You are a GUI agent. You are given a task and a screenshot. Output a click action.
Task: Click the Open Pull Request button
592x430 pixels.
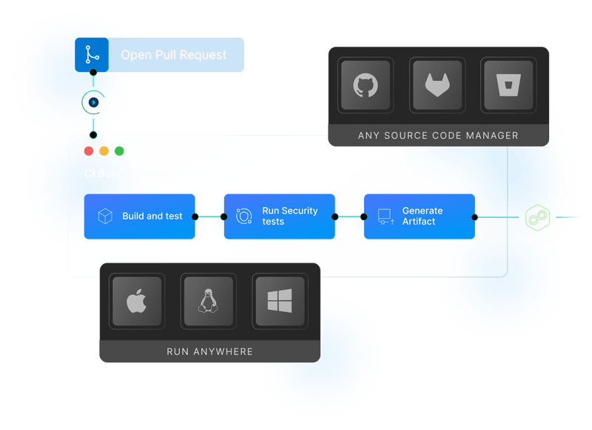tap(159, 55)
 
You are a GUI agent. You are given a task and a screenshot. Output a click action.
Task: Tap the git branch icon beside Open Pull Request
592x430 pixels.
tap(92, 55)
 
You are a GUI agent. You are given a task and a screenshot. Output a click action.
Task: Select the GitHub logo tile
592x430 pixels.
tap(365, 86)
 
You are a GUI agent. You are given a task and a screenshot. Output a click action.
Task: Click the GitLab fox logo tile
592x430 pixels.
tap(437, 86)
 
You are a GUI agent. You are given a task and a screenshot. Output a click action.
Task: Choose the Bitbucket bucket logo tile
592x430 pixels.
tap(508, 86)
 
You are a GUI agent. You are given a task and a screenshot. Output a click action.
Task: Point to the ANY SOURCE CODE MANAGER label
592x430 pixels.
tap(438, 136)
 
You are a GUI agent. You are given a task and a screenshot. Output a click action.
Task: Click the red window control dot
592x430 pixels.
tap(89, 151)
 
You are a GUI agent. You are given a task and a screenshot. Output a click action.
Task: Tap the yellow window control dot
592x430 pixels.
tap(104, 151)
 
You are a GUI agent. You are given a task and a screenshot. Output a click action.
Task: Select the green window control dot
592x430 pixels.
tap(120, 151)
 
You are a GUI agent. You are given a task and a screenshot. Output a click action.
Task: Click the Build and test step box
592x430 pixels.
tap(140, 216)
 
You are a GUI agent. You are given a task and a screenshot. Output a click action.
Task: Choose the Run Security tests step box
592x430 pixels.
tap(280, 216)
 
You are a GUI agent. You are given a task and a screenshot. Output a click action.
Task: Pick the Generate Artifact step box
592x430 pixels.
tap(419, 216)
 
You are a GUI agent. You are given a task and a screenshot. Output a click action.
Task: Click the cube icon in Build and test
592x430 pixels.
tap(106, 216)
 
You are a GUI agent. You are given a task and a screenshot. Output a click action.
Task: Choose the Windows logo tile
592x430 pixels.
tap(279, 301)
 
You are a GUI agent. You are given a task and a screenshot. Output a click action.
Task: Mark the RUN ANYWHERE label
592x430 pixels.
tap(209, 351)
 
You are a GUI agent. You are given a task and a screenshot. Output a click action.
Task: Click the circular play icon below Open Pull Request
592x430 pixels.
tap(93, 102)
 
